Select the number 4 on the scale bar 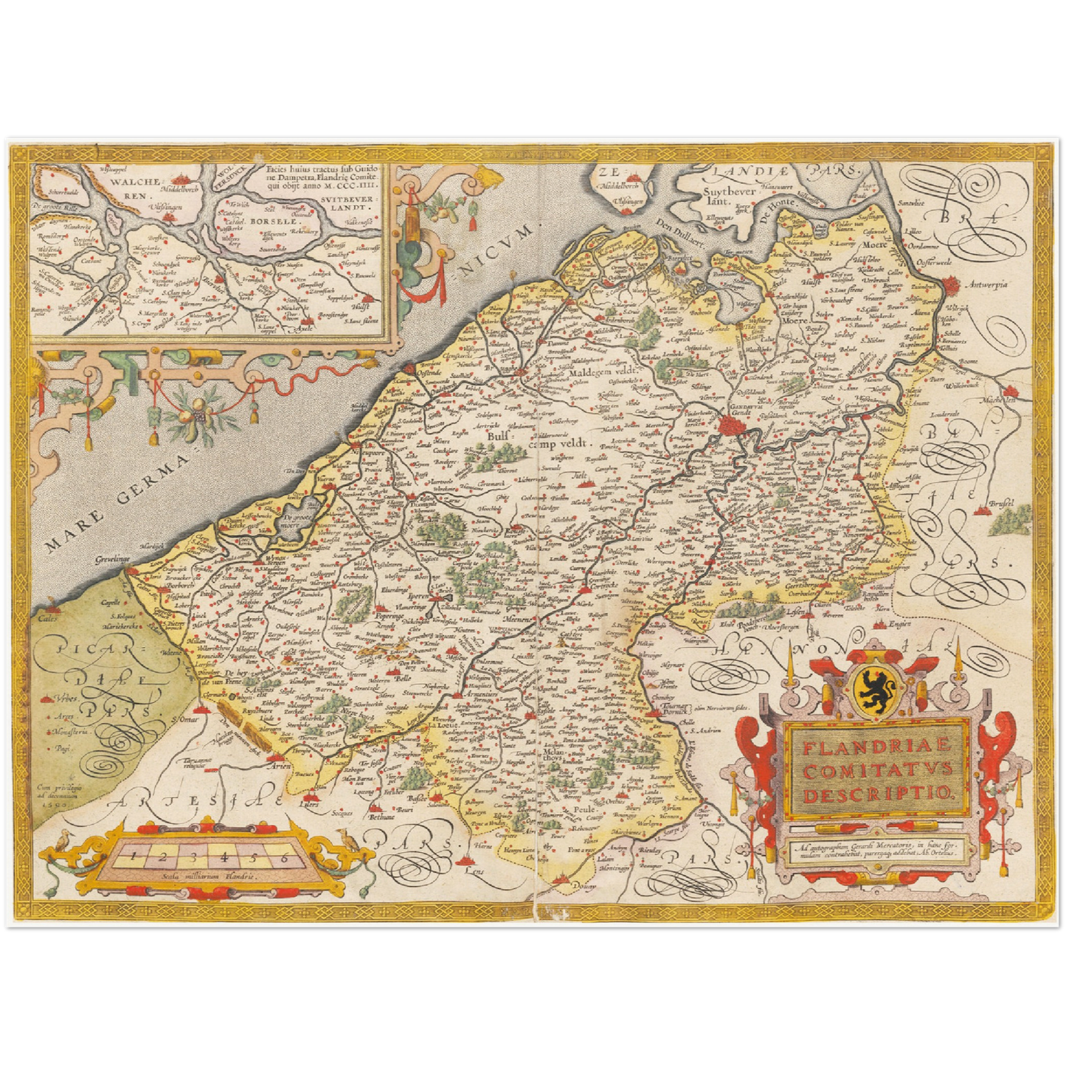pyautogui.click(x=224, y=857)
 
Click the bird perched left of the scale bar pyautogui.click(x=65, y=839)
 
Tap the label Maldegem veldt pyautogui.click(x=603, y=372)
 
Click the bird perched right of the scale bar pyautogui.click(x=344, y=839)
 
